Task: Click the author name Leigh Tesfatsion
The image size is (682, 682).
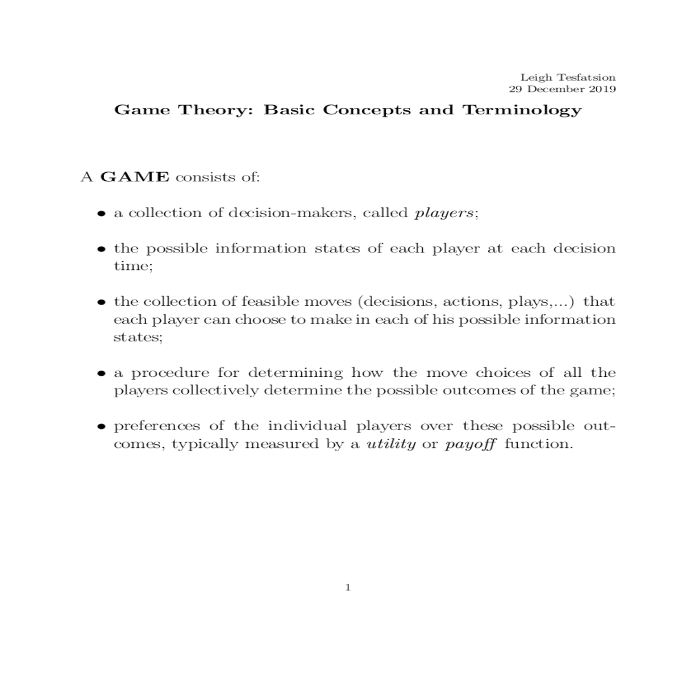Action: [568, 77]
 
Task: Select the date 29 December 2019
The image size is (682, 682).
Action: [562, 89]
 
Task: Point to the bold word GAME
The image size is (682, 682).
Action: [135, 177]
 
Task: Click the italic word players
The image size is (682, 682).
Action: [443, 213]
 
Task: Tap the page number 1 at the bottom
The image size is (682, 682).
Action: [348, 588]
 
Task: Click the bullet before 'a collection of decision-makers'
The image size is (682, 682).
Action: [101, 214]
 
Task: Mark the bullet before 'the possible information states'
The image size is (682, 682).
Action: [101, 249]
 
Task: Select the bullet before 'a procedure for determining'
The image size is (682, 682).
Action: [101, 374]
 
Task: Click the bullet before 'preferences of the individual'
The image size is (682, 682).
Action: [101, 427]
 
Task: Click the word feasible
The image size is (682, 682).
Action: [270, 301]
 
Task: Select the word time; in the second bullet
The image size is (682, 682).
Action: [133, 266]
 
